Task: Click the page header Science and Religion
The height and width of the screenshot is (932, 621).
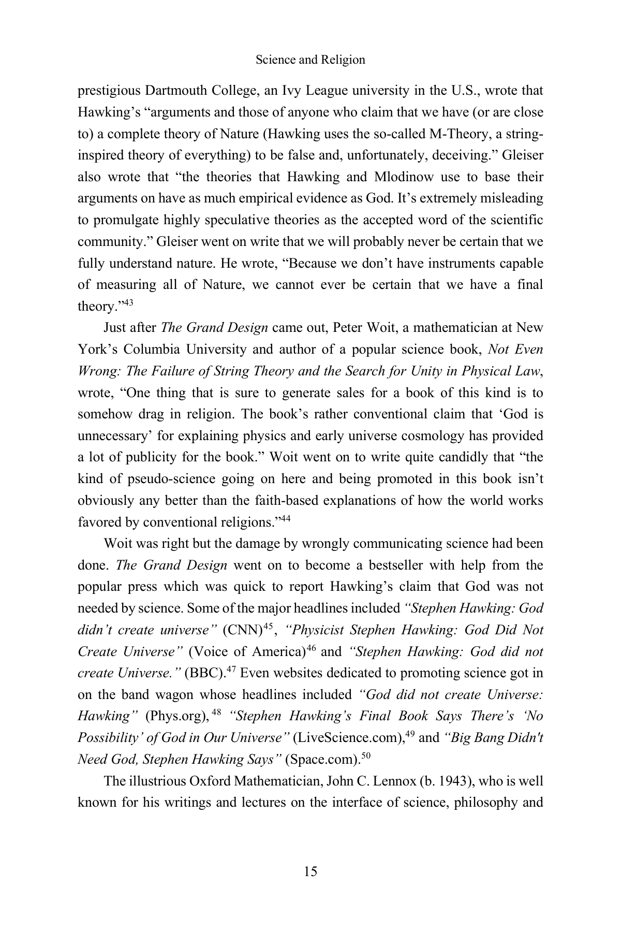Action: tap(310, 60)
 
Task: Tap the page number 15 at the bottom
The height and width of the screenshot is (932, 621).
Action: tap(310, 871)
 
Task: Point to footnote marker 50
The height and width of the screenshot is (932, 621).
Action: tap(366, 756)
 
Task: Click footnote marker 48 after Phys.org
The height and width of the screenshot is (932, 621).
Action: tap(217, 713)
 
